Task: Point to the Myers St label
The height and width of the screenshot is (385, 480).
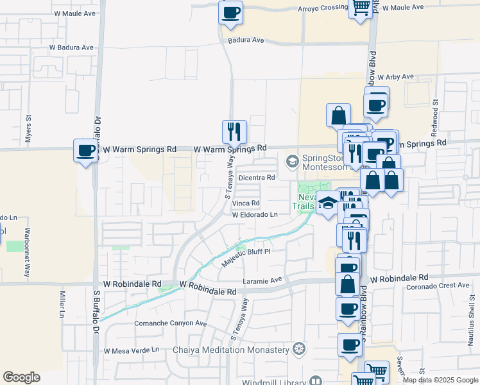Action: (28, 128)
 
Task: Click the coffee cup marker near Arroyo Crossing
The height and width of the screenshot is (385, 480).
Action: (230, 12)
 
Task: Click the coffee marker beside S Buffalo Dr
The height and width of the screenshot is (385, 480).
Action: (86, 151)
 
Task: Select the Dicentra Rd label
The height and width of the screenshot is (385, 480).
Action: (256, 177)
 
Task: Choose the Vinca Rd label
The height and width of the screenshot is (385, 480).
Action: (246, 203)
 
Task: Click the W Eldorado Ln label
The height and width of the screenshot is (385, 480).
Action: (255, 215)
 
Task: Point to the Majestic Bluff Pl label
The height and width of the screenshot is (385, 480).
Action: (246, 257)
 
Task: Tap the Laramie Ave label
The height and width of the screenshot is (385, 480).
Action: (263, 280)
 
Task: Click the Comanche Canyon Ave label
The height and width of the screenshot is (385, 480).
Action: (171, 323)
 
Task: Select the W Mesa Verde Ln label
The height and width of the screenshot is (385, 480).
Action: (132, 350)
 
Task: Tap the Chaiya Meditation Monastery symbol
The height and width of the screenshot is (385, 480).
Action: (298, 350)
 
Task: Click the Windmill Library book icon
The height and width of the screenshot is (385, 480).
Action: (315, 381)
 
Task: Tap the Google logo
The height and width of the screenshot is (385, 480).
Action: (21, 377)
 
